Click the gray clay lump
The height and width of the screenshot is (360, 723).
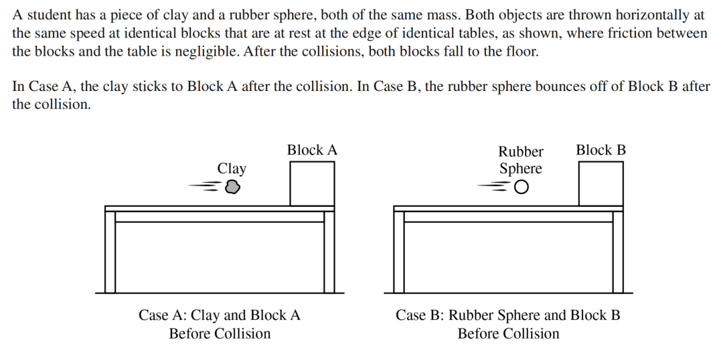click(x=232, y=187)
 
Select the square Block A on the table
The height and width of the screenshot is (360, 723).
click(x=312, y=183)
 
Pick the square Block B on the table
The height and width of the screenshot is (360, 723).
click(x=600, y=183)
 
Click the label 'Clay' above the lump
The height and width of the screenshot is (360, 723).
click(x=232, y=169)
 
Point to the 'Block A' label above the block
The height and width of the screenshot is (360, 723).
click(x=312, y=150)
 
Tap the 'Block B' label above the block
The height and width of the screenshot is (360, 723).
click(x=600, y=150)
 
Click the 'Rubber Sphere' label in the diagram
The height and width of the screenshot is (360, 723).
click(x=521, y=160)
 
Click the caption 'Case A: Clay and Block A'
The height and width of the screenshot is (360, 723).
click(x=220, y=315)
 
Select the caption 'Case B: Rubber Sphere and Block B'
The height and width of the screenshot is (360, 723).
click(x=508, y=315)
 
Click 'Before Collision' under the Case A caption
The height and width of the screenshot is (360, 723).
click(x=220, y=333)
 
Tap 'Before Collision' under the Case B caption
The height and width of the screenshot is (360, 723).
click(x=508, y=333)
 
